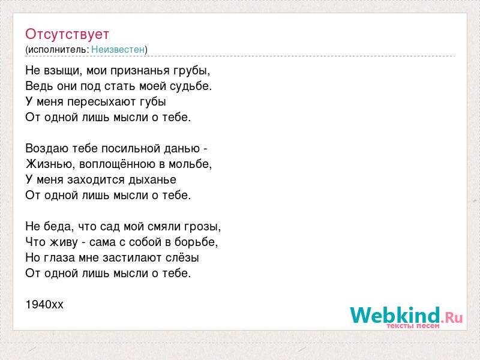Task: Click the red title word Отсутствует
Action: pos(67,34)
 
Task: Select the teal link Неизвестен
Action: pos(118,49)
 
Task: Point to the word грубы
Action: pos(192,71)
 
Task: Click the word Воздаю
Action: pos(47,149)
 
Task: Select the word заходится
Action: pos(96,180)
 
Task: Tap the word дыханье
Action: pos(152,180)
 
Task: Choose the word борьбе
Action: pos(196,242)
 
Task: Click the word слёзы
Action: pos(182,258)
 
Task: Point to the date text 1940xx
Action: pos(44,305)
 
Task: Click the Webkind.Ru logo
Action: pos(406,317)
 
